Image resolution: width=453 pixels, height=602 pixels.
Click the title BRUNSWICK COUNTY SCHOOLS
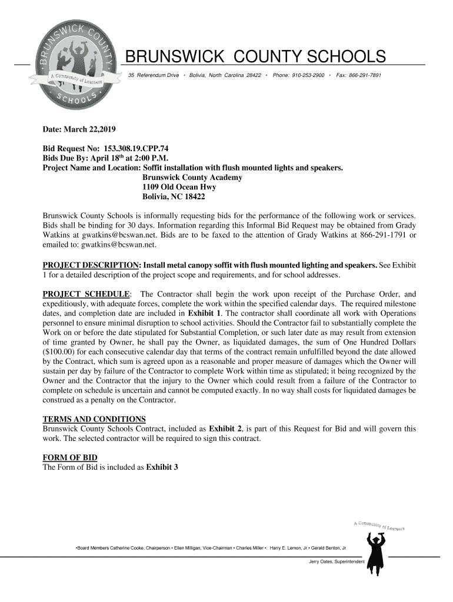click(257, 57)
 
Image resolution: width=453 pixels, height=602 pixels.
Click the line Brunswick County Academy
click(192, 178)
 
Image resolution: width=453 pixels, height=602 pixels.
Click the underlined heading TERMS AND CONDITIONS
click(94, 419)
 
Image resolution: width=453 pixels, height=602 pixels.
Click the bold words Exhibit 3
click(162, 467)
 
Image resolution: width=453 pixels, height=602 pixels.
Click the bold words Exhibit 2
click(225, 429)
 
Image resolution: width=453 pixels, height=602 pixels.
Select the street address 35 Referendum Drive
click(154, 76)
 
